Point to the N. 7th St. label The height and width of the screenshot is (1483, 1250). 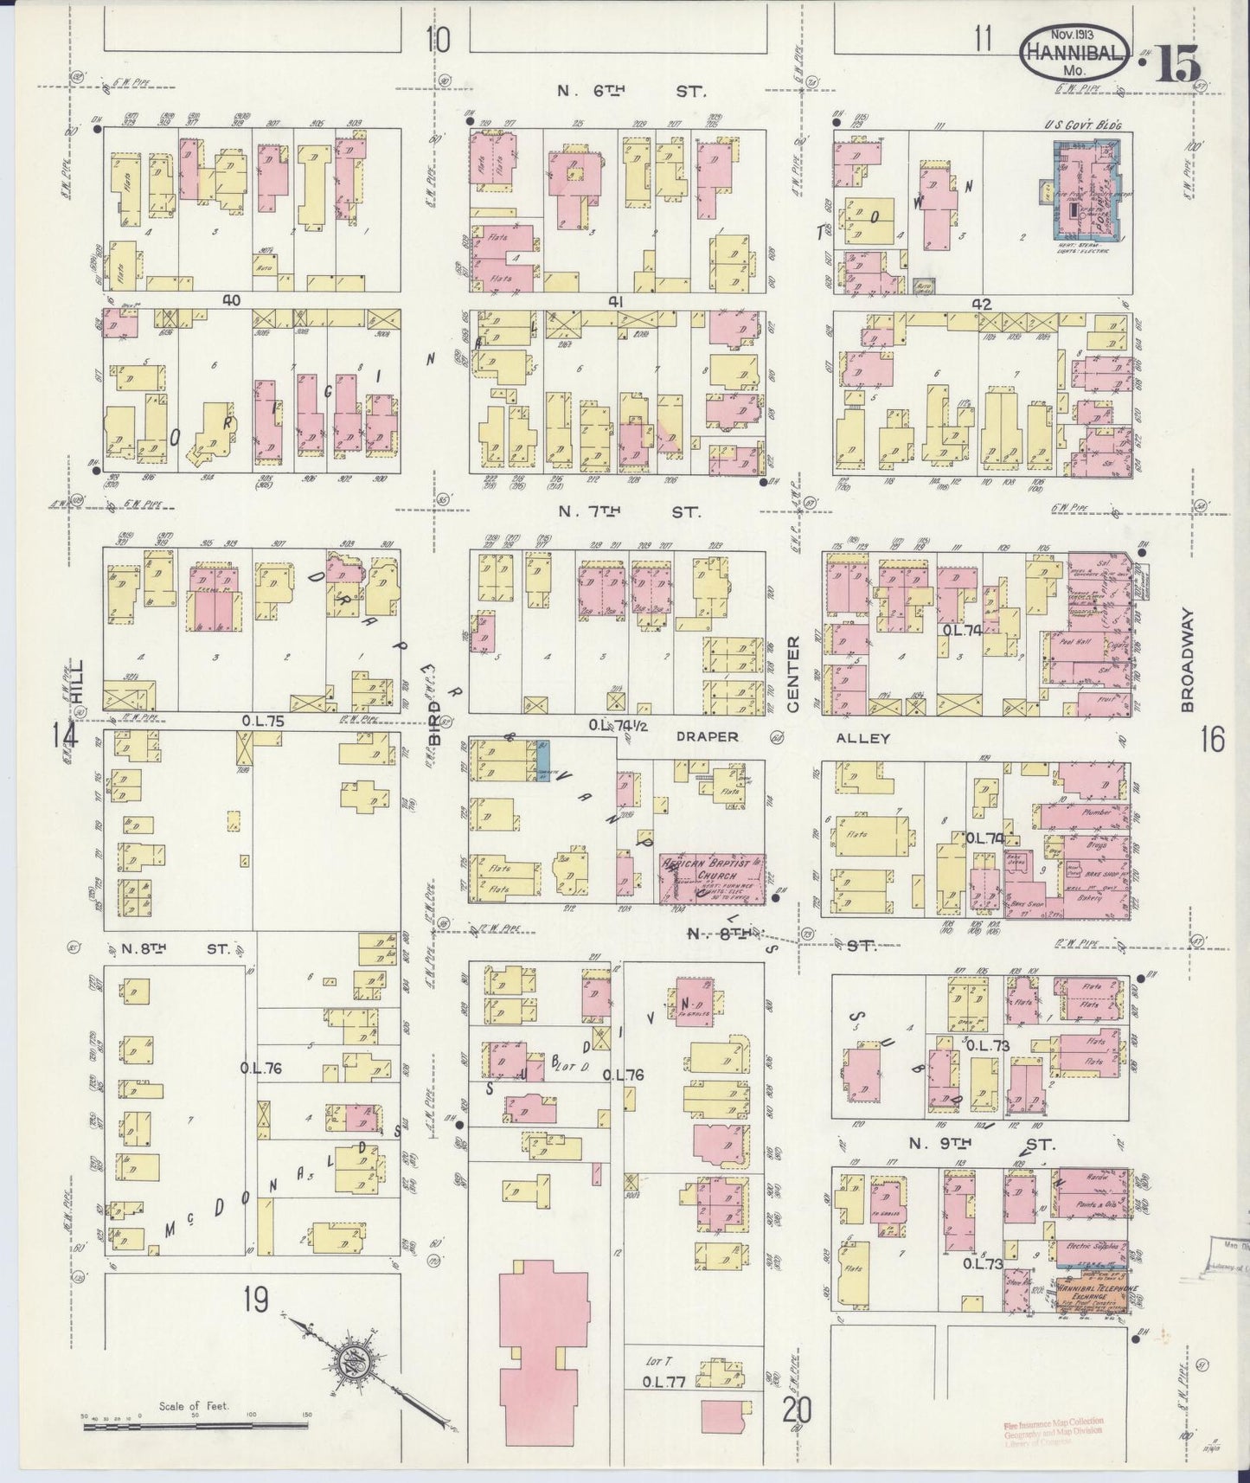pyautogui.click(x=629, y=511)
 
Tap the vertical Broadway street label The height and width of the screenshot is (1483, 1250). pyautogui.click(x=1187, y=659)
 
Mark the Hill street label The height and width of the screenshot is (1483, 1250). pyautogui.click(x=77, y=682)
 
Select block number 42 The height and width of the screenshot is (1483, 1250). pyautogui.click(x=980, y=304)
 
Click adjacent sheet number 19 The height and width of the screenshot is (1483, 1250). pyautogui.click(x=255, y=1300)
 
